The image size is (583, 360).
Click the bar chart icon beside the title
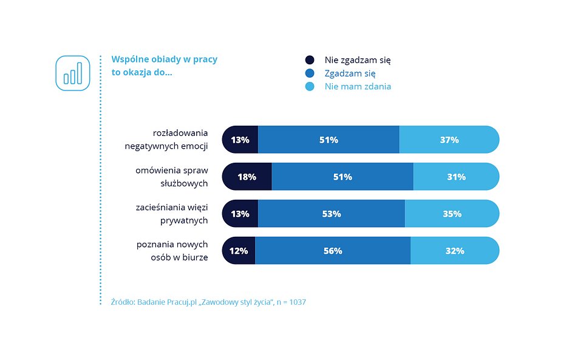(73, 73)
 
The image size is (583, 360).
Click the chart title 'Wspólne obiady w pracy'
(164, 59)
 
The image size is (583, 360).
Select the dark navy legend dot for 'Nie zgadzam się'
(310, 60)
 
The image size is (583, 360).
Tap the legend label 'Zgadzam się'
(350, 73)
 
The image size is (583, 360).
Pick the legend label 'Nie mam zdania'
(358, 87)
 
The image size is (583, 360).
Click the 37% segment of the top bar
(449, 140)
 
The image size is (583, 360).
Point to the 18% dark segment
(247, 177)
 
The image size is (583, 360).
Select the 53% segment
(331, 214)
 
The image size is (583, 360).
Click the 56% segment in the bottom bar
(333, 251)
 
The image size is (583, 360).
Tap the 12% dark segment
(239, 251)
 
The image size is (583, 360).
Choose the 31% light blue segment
(456, 177)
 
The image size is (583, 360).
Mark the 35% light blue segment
(452, 214)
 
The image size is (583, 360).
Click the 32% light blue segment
(454, 251)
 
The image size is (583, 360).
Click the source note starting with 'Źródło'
(208, 302)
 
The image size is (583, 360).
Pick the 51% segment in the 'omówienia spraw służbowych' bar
(342, 177)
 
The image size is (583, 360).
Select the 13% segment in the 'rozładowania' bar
(240, 140)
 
